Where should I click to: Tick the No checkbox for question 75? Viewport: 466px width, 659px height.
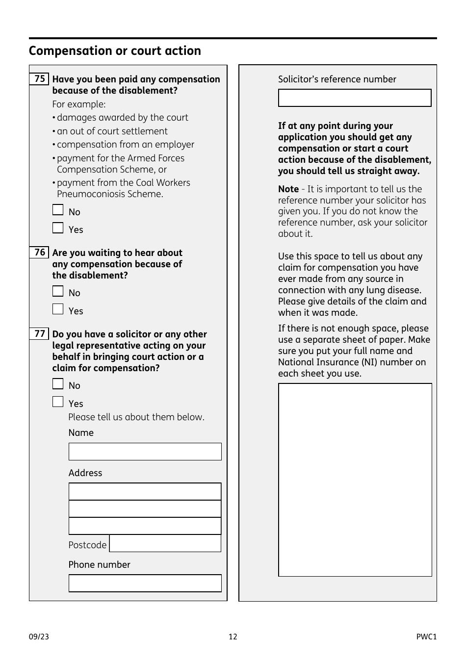[x=58, y=210]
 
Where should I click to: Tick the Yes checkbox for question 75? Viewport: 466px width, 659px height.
[x=58, y=228]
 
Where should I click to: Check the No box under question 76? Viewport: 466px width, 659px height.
[x=58, y=291]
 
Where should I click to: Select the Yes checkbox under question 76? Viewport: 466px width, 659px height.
[x=58, y=309]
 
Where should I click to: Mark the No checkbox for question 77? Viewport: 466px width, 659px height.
[x=58, y=384]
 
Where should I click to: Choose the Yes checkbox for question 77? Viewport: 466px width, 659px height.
[x=58, y=402]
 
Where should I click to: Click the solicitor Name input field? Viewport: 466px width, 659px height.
[x=145, y=452]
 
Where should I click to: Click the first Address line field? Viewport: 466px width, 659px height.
[x=145, y=491]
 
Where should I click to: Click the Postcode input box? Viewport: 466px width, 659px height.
[x=165, y=543]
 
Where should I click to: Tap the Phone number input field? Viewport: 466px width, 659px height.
[x=145, y=583]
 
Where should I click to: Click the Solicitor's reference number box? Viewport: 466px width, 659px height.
[x=354, y=98]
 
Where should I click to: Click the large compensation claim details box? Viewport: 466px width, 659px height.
[x=355, y=480]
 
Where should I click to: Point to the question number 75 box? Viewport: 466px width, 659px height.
[x=39, y=79]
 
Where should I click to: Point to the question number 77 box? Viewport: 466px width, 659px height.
[x=39, y=334]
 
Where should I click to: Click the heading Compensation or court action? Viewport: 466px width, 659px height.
[x=115, y=51]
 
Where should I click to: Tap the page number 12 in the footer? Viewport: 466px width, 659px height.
[x=233, y=636]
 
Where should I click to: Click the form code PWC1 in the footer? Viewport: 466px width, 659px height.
[x=426, y=636]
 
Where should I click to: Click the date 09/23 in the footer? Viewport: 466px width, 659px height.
[x=39, y=636]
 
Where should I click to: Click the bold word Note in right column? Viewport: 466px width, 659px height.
[x=288, y=189]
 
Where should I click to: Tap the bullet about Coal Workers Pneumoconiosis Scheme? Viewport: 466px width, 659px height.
[x=123, y=188]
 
